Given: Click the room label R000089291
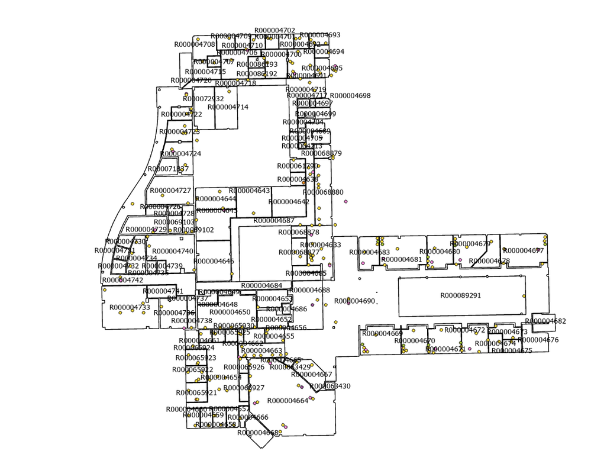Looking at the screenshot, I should pos(461,295).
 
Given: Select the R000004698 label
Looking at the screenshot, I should pos(350,95).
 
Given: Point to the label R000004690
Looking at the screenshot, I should pos(355,301).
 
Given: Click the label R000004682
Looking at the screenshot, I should pos(545,321).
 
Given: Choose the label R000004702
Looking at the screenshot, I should pos(274,30).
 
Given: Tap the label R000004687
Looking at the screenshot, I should pos(274,220).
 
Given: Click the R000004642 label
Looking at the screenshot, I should pos(289,202).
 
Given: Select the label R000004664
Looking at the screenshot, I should pos(288,401).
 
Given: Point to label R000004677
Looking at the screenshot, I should pos(523,250).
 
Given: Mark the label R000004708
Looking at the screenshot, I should pos(195,44).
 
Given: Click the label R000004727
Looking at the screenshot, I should pos(170,191).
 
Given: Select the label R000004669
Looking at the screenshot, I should pos(382,333).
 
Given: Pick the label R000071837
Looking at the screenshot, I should pos(168,169).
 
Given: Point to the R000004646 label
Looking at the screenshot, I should pos(214,261).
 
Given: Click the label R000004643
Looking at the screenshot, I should pos(250,191).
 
